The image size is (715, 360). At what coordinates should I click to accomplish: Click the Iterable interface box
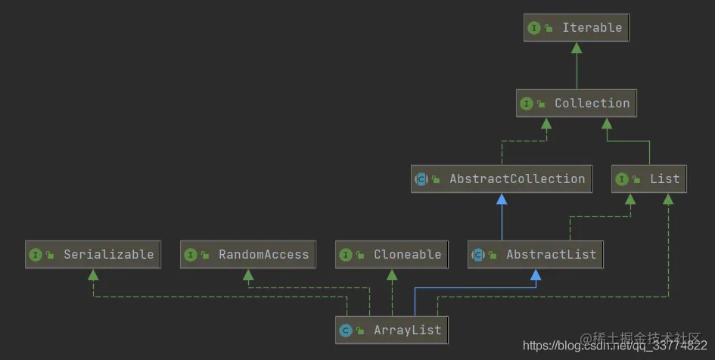(577, 28)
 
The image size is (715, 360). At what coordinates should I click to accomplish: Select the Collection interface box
(577, 104)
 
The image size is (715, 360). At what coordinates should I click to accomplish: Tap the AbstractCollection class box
(501, 179)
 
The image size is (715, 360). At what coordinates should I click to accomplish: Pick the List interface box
(649, 179)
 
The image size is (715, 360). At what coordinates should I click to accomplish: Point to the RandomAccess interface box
(248, 255)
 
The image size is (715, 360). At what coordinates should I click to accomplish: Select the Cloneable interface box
(392, 255)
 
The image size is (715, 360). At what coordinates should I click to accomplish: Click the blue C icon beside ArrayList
(346, 331)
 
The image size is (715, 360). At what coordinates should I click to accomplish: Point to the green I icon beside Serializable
(36, 255)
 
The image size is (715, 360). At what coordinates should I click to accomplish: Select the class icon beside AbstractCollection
(421, 179)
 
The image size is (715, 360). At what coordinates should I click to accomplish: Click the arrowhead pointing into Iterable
(577, 48)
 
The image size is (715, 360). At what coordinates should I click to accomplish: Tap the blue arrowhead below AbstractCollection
(501, 199)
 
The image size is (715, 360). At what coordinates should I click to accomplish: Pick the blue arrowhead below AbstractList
(536, 275)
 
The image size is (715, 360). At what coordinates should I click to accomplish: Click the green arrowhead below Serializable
(94, 275)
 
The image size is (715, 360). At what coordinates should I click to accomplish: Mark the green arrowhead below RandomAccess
(248, 275)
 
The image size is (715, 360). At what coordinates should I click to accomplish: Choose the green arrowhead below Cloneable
(392, 275)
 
